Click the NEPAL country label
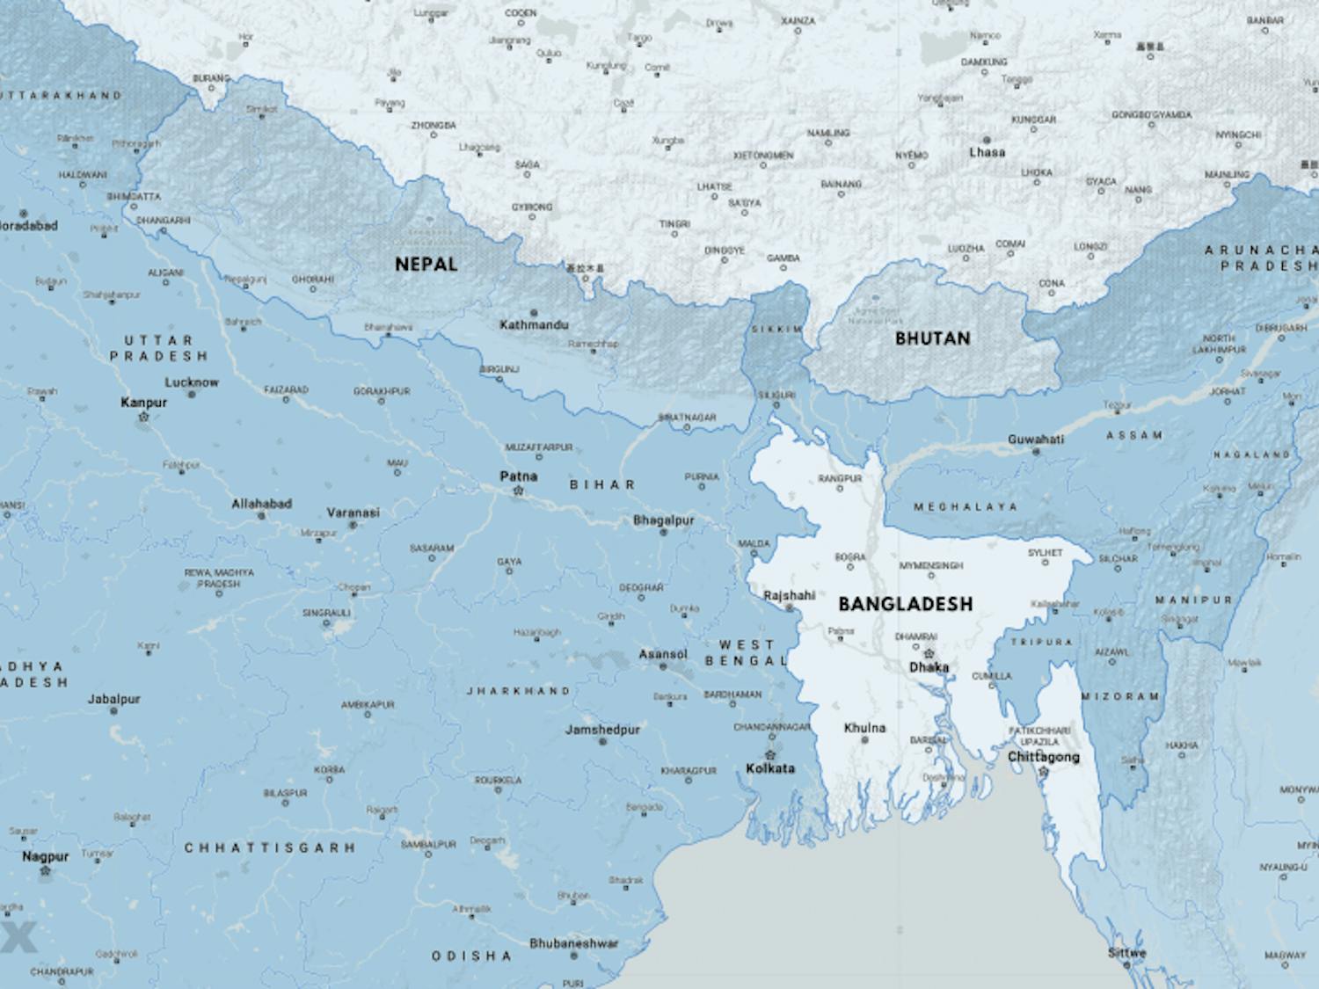[426, 264]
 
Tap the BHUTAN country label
[932, 338]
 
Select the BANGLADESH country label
[905, 604]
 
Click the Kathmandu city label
[534, 325]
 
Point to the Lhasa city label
[987, 152]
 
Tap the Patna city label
[518, 476]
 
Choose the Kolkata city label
[769, 768]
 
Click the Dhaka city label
[929, 667]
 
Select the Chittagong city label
[1043, 757]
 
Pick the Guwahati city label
[1036, 440]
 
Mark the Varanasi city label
[353, 513]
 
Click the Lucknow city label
[192, 382]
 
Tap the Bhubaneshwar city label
[573, 943]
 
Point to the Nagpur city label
[46, 856]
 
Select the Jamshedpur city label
[602, 730]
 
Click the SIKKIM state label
[776, 329]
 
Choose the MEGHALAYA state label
[965, 507]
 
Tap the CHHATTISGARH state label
[270, 848]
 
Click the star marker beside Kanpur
[143, 417]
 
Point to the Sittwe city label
[1126, 953]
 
